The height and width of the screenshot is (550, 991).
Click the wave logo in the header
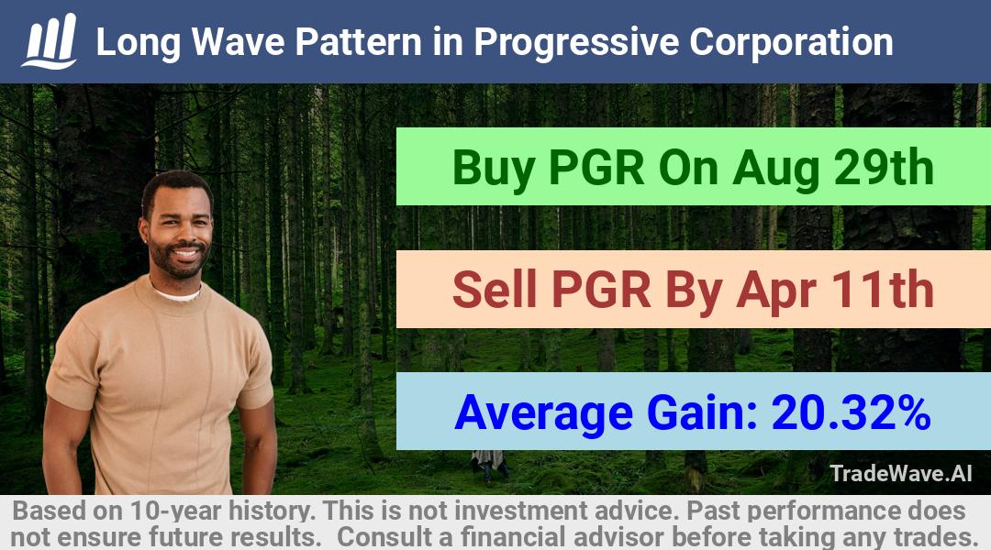tap(50, 40)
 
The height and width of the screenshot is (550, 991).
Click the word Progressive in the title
tap(577, 43)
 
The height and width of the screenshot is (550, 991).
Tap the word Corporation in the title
tap(791, 43)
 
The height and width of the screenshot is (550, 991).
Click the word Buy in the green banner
tap(494, 170)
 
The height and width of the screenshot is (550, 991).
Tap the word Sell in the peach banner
tap(495, 289)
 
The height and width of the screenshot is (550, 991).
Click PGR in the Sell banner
tap(601, 290)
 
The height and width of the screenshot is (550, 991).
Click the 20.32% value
tap(851, 412)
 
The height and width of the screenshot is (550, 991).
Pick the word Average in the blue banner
tap(543, 413)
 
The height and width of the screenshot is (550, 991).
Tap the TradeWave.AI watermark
tap(901, 473)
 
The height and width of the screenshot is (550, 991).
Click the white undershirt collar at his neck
tap(178, 293)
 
